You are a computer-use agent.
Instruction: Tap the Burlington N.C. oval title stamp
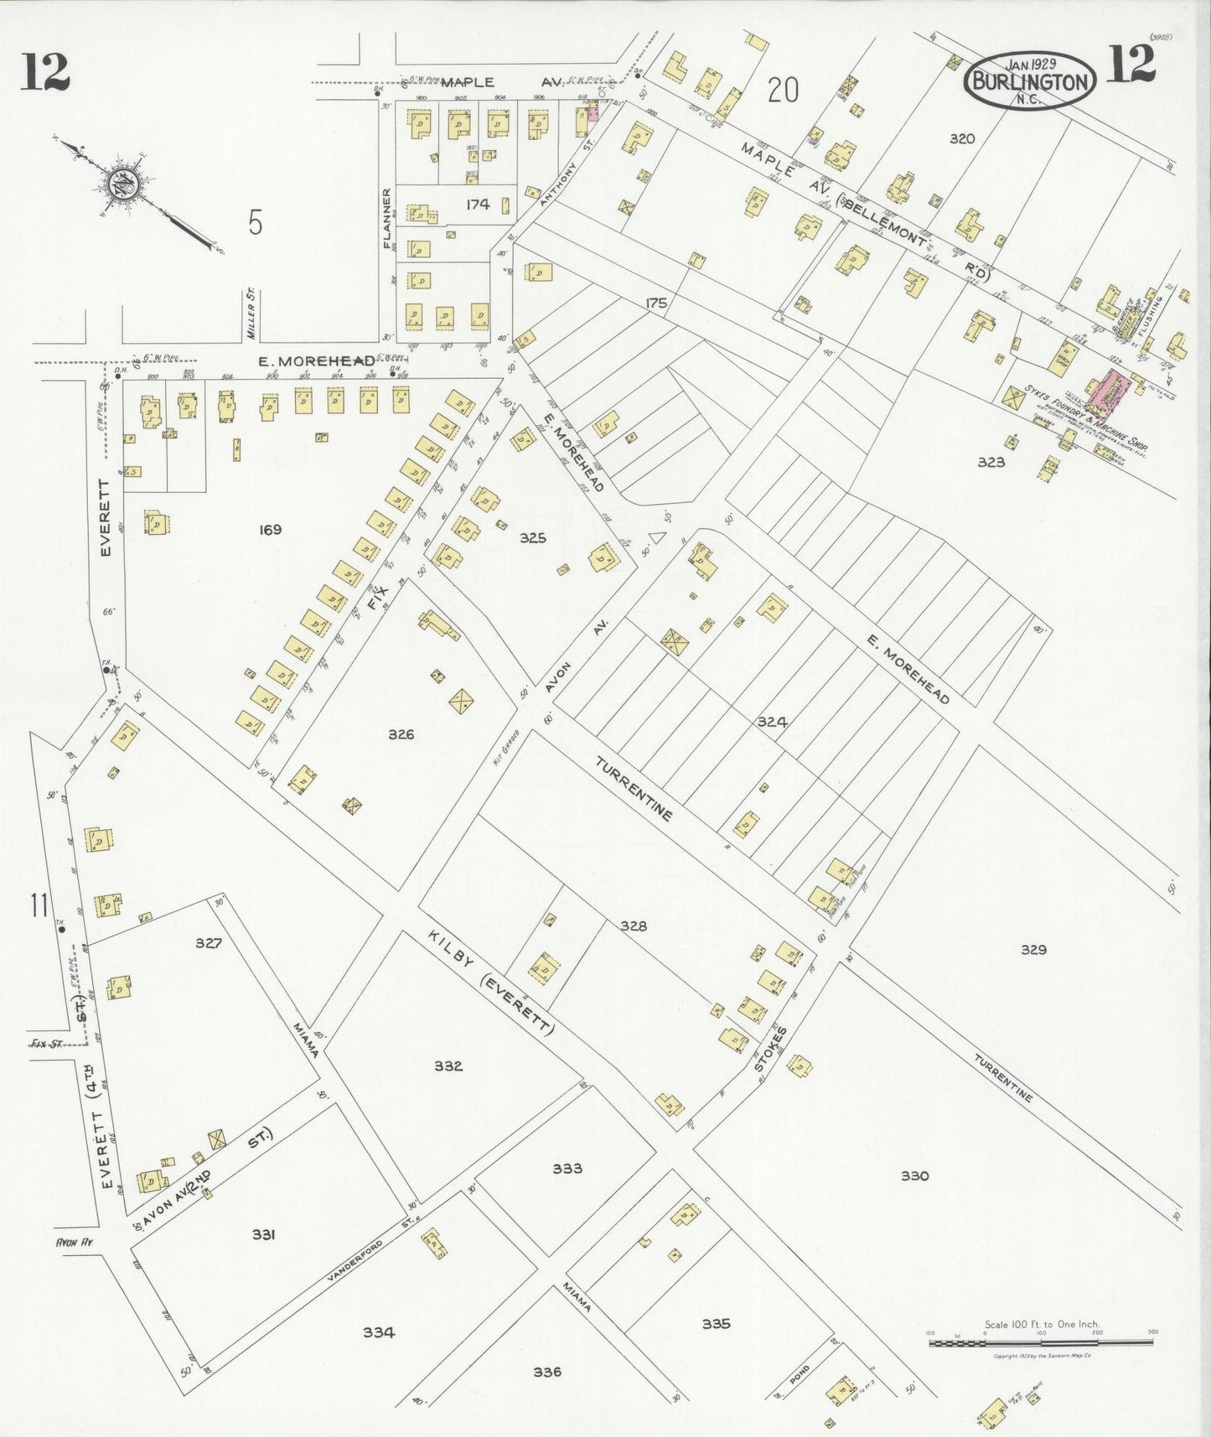(x=1031, y=80)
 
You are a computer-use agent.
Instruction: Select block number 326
(x=401, y=734)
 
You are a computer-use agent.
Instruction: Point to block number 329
(x=1033, y=950)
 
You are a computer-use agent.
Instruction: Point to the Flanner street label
(x=387, y=218)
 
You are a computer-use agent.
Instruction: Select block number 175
(x=656, y=303)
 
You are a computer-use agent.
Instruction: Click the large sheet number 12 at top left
(x=45, y=70)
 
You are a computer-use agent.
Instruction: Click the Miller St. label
(x=251, y=314)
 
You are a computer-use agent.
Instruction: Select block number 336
(x=546, y=1372)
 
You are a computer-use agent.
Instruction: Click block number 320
(x=961, y=138)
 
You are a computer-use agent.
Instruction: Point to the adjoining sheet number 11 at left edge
(x=38, y=905)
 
